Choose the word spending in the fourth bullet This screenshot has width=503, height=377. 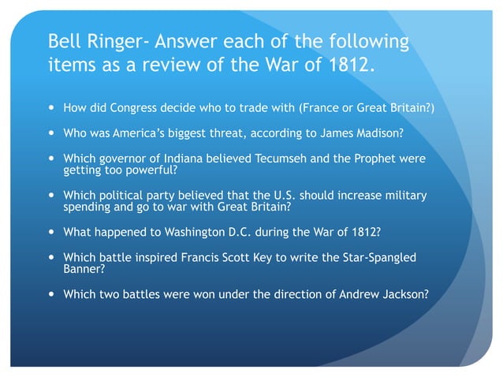coord(85,207)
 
